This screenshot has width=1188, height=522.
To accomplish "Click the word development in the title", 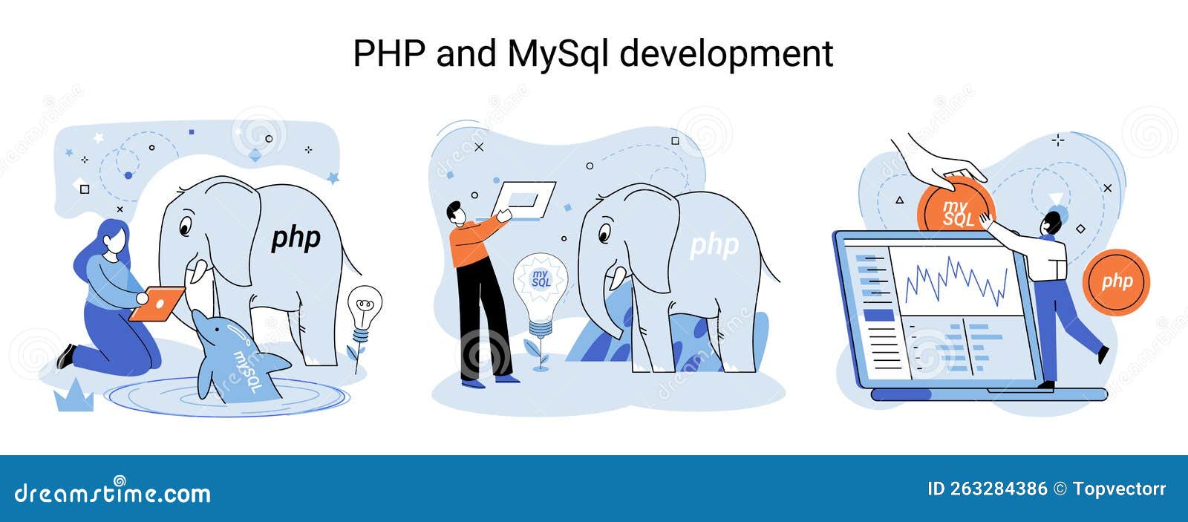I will (x=725, y=54).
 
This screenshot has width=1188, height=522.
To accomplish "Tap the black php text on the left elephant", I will (x=296, y=238).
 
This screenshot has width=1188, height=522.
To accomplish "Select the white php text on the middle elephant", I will (x=714, y=245).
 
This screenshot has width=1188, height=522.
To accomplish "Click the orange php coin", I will (x=1116, y=281).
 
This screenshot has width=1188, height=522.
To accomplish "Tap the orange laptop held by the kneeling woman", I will (x=157, y=302).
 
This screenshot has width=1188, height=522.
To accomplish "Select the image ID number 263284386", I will (x=998, y=489).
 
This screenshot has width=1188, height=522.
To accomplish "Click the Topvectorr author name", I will (x=1119, y=489).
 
